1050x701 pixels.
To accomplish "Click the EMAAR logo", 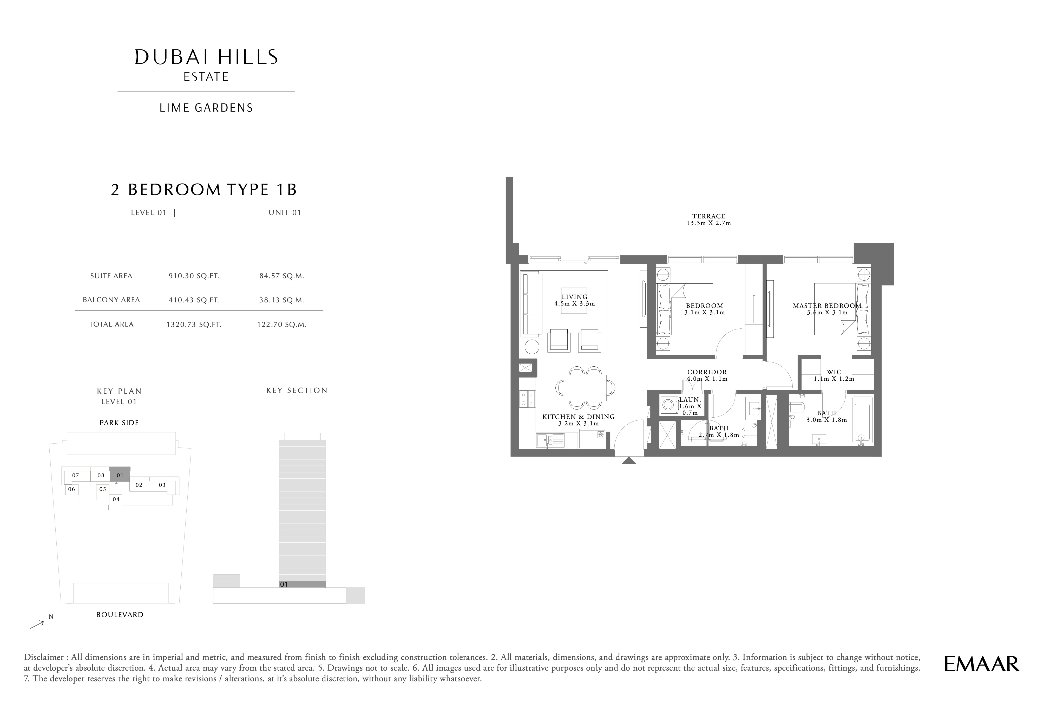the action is pos(982,664).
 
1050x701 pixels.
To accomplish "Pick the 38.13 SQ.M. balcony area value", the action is pos(281,300).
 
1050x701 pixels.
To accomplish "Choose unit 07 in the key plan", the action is pos(76,475).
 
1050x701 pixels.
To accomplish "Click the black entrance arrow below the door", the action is pos(629,460).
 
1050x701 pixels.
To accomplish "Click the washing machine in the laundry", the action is pos(668,405).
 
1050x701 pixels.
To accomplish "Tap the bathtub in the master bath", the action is pos(862,420).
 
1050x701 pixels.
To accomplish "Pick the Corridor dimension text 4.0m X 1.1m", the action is pos(707,379).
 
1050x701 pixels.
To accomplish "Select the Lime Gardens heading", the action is pos(206,108).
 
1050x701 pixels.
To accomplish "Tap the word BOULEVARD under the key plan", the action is pos(120,615).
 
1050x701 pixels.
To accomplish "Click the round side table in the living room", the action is pos(532,347).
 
